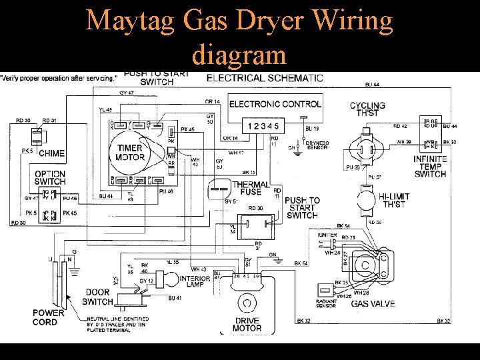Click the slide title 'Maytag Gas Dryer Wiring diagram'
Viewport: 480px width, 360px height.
point(239,35)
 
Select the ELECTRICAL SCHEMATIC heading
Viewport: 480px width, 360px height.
point(265,77)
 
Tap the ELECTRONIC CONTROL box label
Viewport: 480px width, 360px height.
point(275,104)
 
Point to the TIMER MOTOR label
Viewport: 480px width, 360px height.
point(131,153)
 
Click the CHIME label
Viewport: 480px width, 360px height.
point(51,153)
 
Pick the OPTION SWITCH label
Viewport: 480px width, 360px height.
point(50,177)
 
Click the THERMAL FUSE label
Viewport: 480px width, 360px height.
point(251,188)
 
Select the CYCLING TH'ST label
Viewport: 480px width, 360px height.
point(367,109)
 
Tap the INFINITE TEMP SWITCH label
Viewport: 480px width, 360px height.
point(430,167)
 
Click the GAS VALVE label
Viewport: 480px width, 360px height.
point(373,303)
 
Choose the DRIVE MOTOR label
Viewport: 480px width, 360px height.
point(247,324)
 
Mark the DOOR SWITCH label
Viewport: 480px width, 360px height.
point(99,297)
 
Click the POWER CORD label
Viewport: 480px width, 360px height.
point(49,317)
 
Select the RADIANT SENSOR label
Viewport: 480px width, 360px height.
point(327,303)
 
